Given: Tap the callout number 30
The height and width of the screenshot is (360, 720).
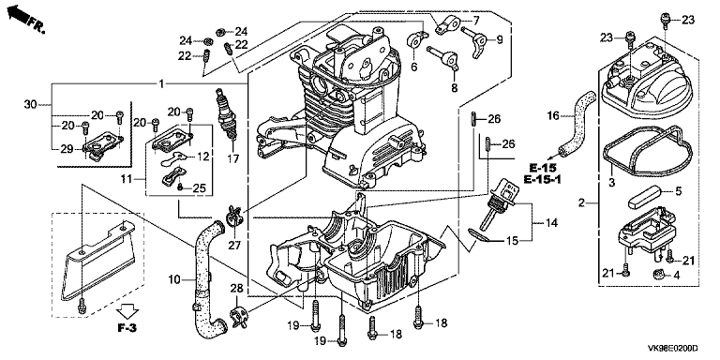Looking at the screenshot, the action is [x=31, y=104].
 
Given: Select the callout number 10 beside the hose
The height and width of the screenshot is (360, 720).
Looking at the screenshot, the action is [x=175, y=278].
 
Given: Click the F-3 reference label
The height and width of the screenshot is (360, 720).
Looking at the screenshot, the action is [x=127, y=328].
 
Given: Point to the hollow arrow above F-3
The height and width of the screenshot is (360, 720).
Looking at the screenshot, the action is [x=127, y=311].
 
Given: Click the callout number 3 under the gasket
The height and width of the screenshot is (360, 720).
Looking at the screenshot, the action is [x=611, y=183].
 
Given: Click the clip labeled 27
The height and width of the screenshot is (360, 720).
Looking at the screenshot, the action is [x=234, y=216].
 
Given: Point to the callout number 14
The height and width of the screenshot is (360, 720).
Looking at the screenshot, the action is [x=551, y=223].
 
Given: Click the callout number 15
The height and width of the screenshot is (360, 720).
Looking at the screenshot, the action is [x=512, y=240].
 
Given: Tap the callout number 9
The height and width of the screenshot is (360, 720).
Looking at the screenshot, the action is [x=500, y=40].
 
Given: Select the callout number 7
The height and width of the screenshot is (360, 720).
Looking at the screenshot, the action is [x=476, y=21].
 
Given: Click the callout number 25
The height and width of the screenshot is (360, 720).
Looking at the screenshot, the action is [x=199, y=187].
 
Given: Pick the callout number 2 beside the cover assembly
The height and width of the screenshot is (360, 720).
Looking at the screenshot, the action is [x=581, y=202].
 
